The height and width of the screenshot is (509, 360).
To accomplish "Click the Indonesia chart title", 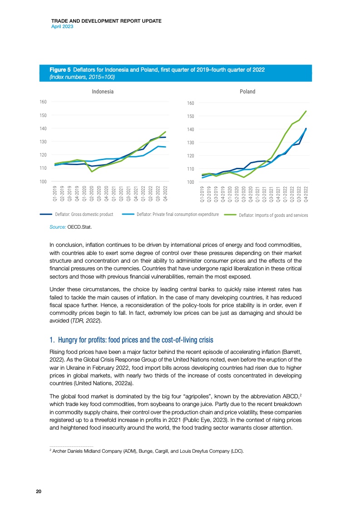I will coord(103,92).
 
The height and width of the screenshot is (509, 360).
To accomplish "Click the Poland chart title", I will coord(247,92).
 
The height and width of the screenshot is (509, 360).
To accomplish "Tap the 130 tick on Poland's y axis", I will coord(191,143).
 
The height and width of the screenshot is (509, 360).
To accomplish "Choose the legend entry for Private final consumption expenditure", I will coord(178,214).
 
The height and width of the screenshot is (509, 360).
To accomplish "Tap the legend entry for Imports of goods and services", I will coord(273,215).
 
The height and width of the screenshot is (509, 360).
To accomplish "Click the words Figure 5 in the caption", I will coord(60,70).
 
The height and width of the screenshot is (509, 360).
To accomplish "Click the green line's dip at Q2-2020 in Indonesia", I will coord(92,171).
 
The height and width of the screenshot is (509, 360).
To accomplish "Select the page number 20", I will coord(39,492).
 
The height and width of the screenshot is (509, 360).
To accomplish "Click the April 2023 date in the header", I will coord(63,27).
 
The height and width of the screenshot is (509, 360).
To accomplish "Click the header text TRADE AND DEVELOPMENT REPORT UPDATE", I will coord(107,21).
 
